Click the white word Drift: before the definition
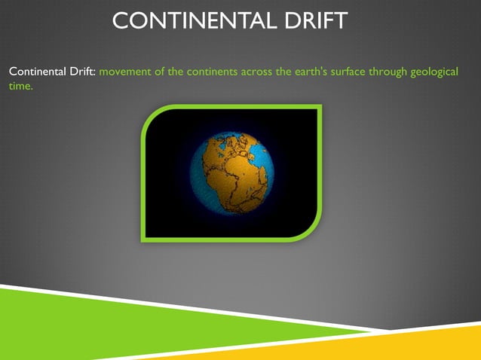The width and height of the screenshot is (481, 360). pyautogui.click(x=81, y=72)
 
